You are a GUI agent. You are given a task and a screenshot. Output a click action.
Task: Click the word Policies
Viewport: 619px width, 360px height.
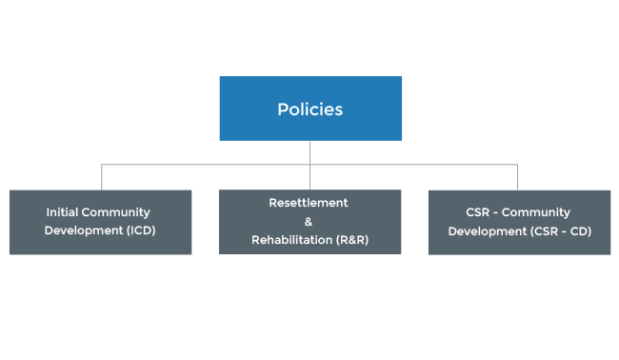(x=309, y=110)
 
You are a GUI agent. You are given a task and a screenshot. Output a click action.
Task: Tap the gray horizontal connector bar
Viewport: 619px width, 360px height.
(x=309, y=164)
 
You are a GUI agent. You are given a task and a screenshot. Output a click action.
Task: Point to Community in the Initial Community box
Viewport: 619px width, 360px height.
(x=118, y=212)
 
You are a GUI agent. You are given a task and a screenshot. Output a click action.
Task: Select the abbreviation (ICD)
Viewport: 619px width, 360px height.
(x=139, y=230)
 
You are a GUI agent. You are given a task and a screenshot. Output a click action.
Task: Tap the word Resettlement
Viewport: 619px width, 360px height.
(x=309, y=203)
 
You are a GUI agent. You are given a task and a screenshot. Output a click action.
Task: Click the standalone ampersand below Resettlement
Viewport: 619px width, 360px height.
(x=309, y=221)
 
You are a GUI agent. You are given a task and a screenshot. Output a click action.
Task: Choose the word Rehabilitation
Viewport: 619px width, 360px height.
(x=292, y=240)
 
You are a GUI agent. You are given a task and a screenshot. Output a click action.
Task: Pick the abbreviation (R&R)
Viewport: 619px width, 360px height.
(x=351, y=240)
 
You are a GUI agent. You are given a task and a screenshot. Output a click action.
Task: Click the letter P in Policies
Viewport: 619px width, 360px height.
(x=282, y=110)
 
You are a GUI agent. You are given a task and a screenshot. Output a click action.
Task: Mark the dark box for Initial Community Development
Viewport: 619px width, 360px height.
(x=100, y=246)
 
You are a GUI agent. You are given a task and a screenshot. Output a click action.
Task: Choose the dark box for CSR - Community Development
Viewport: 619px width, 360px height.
(x=519, y=246)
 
